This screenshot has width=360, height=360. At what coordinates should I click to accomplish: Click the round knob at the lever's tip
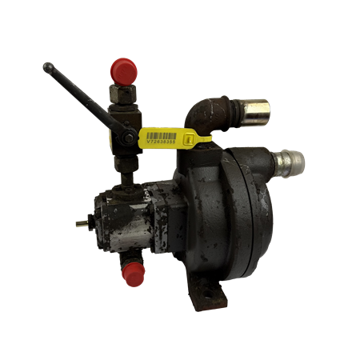[x=47, y=66]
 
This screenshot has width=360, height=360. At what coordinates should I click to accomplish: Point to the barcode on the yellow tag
[x=164, y=135]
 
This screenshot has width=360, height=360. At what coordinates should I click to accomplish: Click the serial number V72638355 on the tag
[x=164, y=146]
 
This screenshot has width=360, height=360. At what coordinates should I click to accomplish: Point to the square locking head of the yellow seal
[x=190, y=141]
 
